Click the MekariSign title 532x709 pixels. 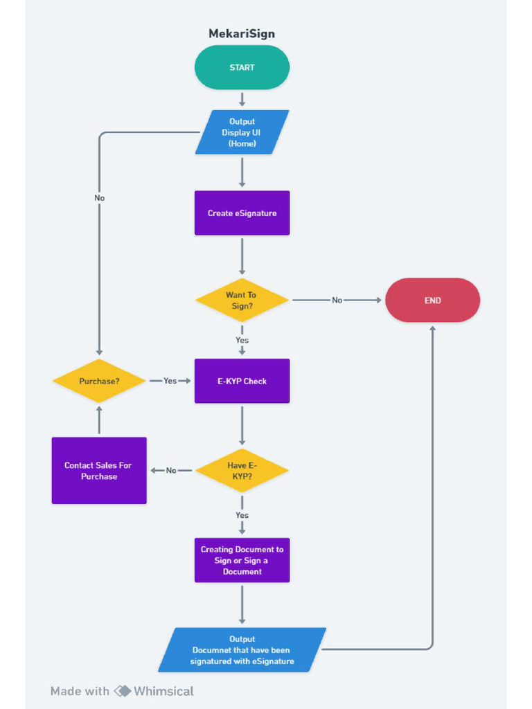click(x=242, y=33)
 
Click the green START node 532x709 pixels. click(x=242, y=67)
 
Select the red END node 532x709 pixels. click(x=432, y=300)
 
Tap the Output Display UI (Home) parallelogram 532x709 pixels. click(x=242, y=132)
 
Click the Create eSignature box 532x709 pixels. click(x=242, y=213)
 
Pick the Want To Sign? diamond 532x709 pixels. click(x=242, y=300)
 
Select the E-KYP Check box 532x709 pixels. click(x=242, y=381)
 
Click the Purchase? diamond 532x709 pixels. click(x=99, y=381)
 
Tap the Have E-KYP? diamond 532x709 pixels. click(x=242, y=471)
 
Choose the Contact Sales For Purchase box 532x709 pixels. click(x=99, y=471)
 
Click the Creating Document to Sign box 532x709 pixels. click(x=242, y=560)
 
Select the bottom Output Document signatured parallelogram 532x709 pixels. click(x=242, y=650)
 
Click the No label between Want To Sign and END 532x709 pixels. click(x=337, y=300)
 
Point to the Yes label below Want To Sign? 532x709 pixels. click(x=242, y=341)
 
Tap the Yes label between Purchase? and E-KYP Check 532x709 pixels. click(x=170, y=381)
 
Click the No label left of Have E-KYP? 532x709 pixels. click(x=171, y=471)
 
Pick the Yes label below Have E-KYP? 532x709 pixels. click(x=242, y=516)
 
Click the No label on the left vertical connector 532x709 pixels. click(x=99, y=198)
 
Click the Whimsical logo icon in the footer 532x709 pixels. click(x=123, y=691)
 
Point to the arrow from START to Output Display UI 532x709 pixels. click(x=242, y=99)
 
